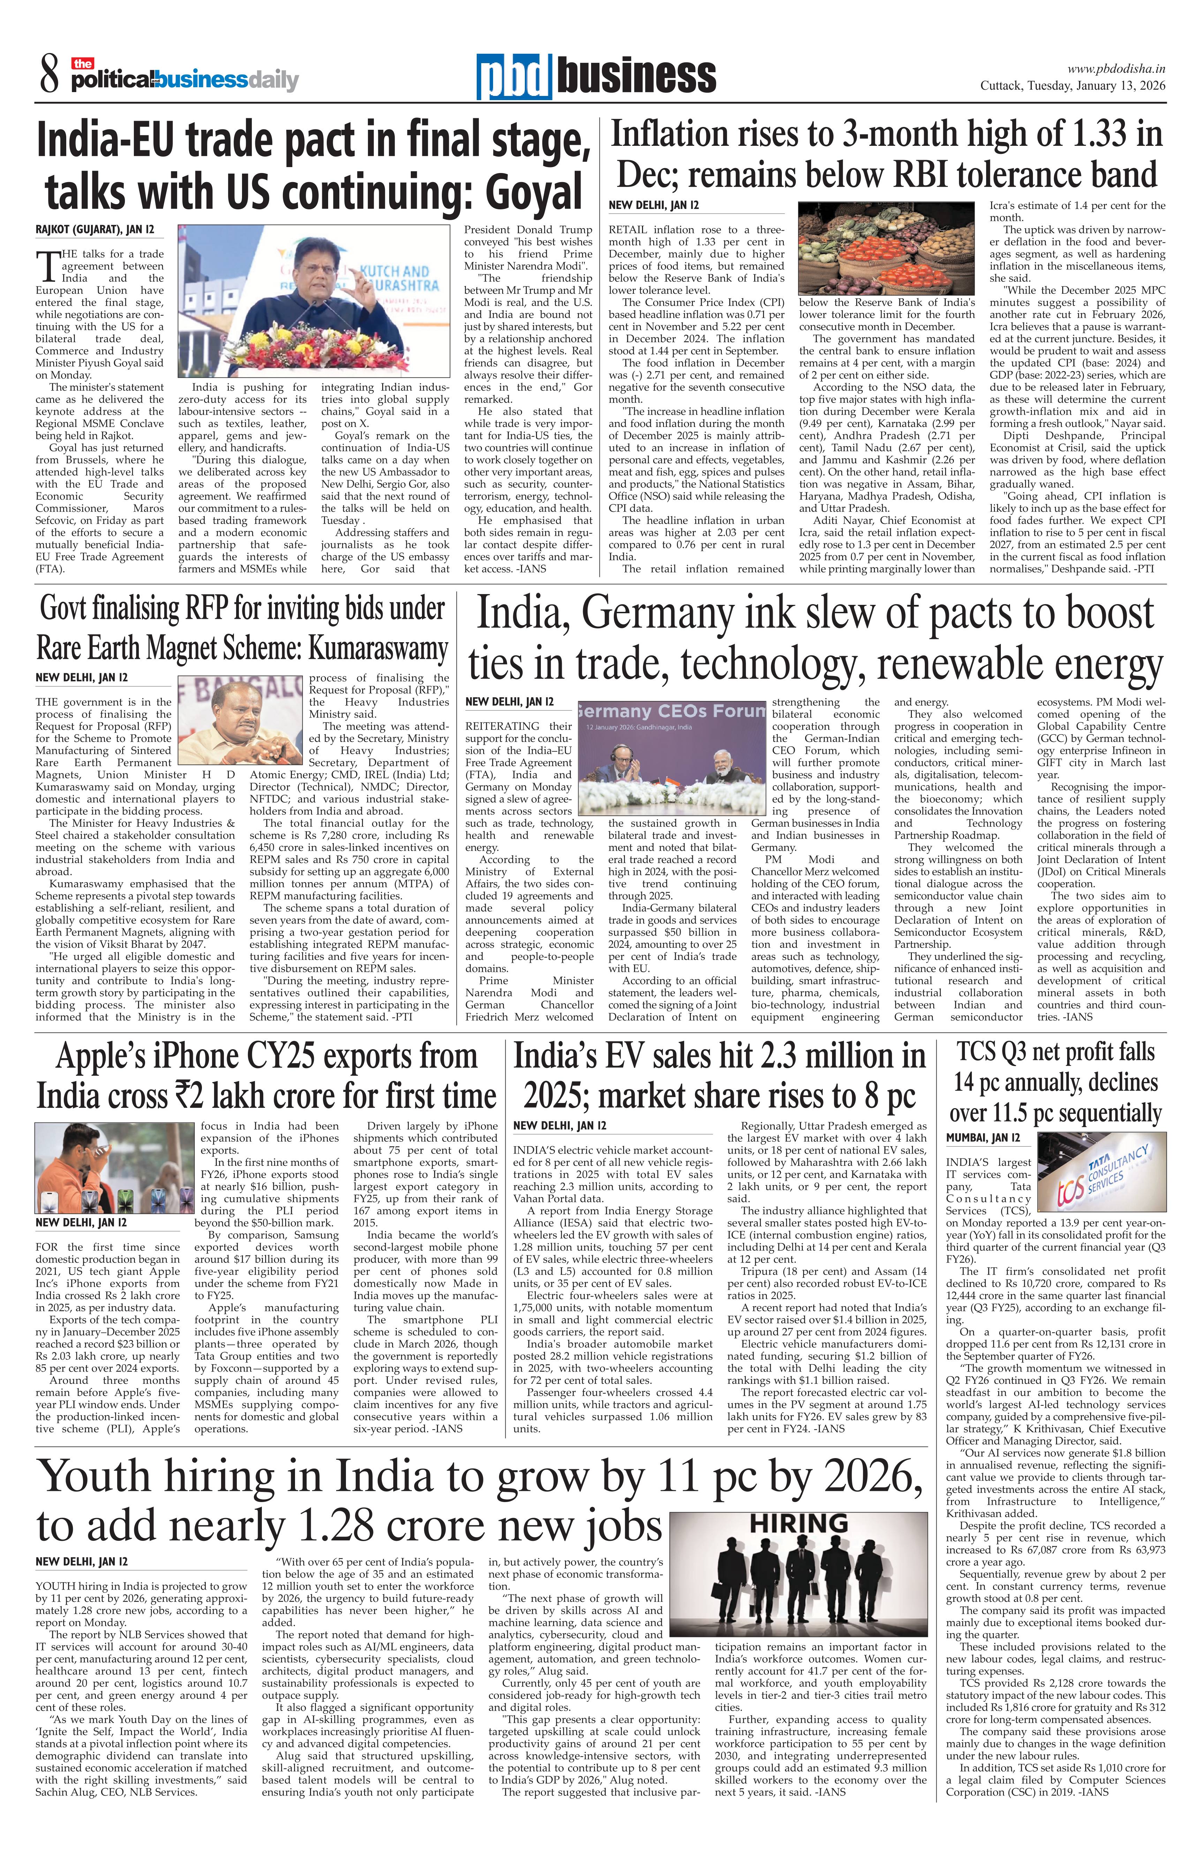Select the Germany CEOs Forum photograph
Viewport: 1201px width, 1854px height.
(x=671, y=757)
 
